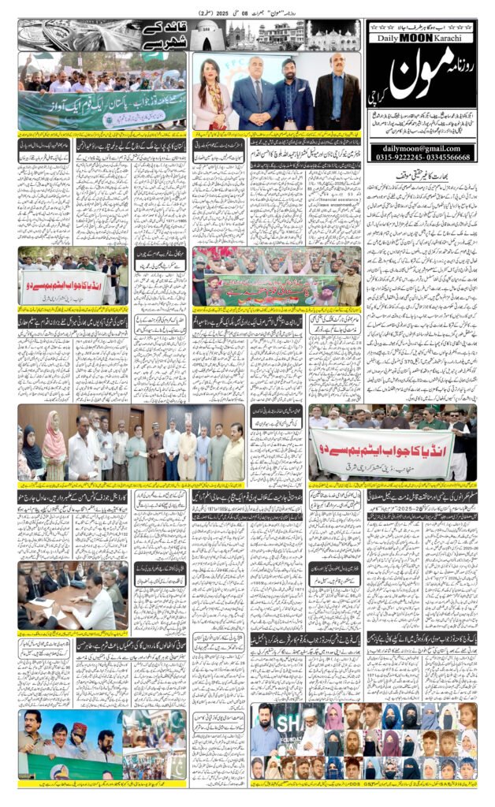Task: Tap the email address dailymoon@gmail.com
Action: [x=422, y=147]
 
